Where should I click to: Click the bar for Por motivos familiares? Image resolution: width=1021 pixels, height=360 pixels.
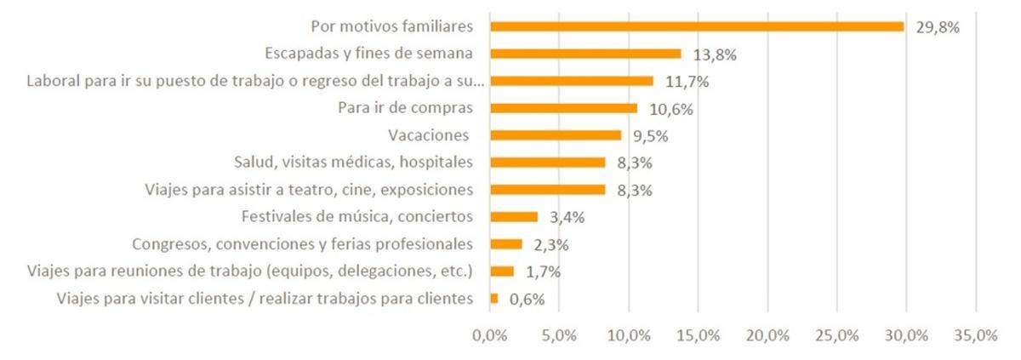click(697, 26)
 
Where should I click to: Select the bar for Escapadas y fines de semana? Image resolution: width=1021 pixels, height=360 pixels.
click(585, 54)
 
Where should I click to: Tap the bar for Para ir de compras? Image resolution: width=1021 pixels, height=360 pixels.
click(563, 108)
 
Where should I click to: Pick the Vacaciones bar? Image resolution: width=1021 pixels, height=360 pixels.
click(556, 135)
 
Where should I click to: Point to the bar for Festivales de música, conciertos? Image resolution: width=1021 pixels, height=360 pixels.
click(514, 217)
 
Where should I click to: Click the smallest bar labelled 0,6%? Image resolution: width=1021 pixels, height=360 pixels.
click(494, 299)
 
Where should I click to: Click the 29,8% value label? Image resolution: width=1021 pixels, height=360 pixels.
click(938, 27)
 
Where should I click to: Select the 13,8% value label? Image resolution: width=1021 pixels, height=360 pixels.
click(715, 54)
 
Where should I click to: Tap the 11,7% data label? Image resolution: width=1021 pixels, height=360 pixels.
click(687, 82)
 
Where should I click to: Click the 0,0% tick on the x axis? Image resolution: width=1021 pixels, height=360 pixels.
click(490, 335)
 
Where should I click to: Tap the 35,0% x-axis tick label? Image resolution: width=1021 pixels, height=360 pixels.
click(975, 335)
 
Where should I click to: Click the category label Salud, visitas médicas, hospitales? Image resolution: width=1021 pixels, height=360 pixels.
click(353, 162)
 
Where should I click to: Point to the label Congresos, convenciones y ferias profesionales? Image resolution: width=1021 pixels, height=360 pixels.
click(302, 244)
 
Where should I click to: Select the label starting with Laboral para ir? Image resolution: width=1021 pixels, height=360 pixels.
click(255, 81)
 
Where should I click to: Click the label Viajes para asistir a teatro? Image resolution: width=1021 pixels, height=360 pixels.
click(310, 189)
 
